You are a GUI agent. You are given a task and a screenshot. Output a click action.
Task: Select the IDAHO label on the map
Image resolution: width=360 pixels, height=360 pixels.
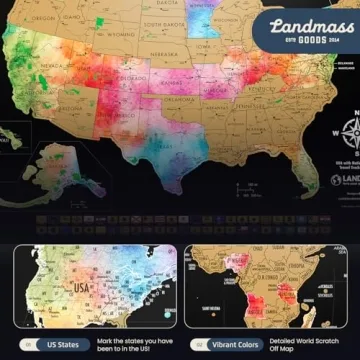(x=78, y=30)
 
